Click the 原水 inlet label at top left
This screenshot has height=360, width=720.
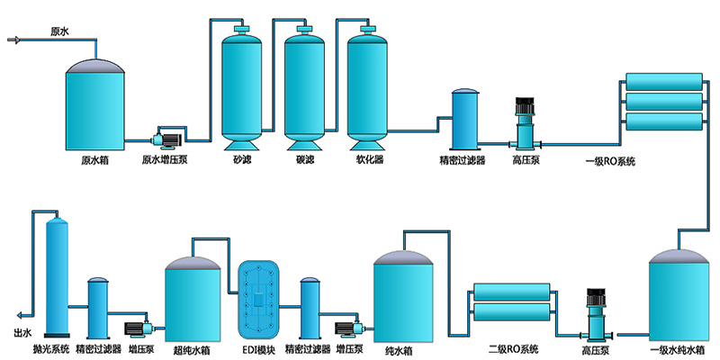click(x=59, y=31)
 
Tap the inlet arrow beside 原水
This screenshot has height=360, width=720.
click(x=14, y=39)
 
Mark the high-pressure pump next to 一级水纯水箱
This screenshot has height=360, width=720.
click(x=595, y=311)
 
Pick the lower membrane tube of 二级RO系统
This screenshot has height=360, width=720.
click(x=510, y=312)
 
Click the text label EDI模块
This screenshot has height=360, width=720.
click(x=260, y=348)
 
